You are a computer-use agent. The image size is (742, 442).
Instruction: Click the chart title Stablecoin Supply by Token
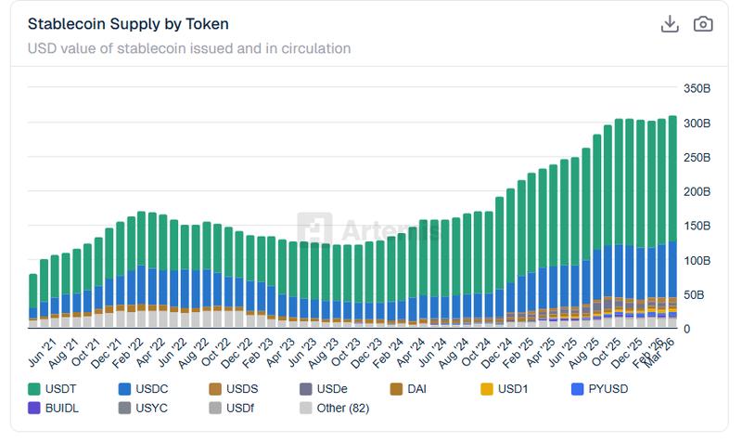(128, 24)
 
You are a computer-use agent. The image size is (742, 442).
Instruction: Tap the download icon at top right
(670, 24)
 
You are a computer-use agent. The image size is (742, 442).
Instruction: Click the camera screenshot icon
(704, 24)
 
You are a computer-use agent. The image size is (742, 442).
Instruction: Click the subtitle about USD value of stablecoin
(188, 48)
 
